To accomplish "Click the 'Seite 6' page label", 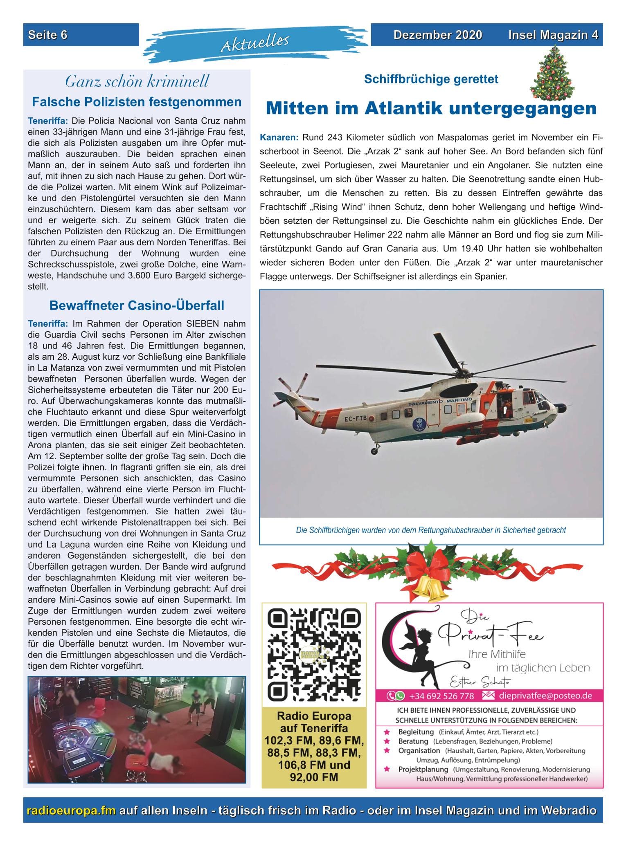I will tap(48, 35).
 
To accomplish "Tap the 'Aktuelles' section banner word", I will tap(255, 43).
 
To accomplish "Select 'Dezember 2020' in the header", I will tap(437, 35).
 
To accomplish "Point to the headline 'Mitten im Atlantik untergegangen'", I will tap(431, 108).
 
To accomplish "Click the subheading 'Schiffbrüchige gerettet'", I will tap(431, 79).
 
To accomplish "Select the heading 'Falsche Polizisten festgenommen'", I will tap(137, 102).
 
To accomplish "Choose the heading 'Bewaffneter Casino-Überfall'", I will tap(137, 305).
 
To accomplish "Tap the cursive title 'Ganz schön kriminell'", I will tap(137, 81).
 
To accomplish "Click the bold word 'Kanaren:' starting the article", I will tap(279, 137).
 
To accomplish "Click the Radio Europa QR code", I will tap(313, 654).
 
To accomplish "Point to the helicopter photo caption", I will tap(431, 530).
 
